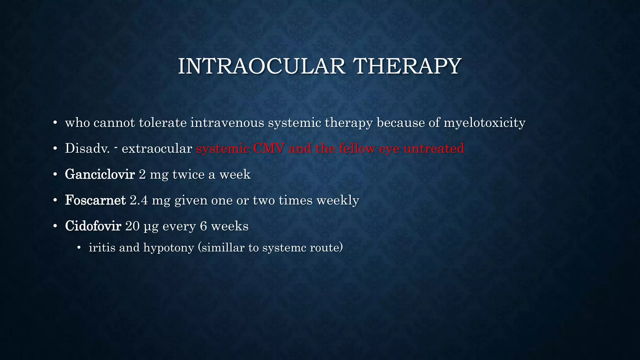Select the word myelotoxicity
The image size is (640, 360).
[484, 122]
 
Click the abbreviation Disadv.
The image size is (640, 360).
[87, 148]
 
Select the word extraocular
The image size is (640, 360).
[157, 148]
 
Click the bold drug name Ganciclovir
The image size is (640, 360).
[100, 174]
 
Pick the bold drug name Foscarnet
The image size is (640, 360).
[95, 200]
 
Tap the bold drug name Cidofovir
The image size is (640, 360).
[93, 226]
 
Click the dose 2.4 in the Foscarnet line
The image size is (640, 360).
[138, 200]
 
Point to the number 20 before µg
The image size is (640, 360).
[132, 226]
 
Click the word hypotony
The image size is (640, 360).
[169, 247]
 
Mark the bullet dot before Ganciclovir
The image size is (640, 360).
[55, 174]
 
